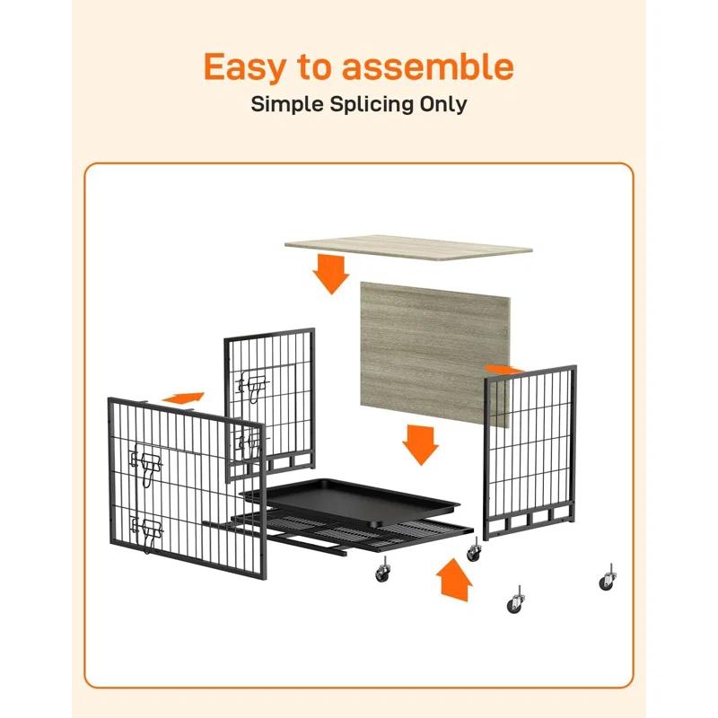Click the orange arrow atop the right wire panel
pyautogui.click(x=503, y=368)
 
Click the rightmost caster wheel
pyautogui.click(x=607, y=582)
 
